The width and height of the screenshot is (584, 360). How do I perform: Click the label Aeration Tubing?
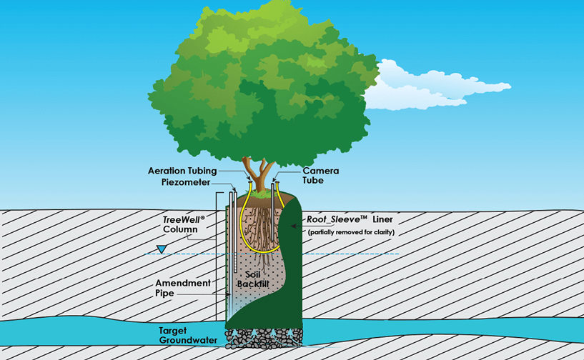[x=183, y=171]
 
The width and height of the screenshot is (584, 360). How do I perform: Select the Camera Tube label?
[x=320, y=176]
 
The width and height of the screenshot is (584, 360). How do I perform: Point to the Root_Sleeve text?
[x=335, y=220]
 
